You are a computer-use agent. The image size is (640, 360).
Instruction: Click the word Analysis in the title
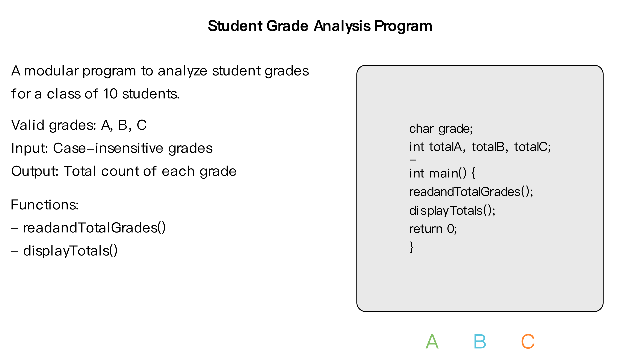coord(342,26)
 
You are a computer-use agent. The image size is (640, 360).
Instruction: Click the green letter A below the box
coord(432,342)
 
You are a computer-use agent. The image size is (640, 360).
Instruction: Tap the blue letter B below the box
coord(480,342)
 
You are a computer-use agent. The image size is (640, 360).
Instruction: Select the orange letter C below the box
coord(528,342)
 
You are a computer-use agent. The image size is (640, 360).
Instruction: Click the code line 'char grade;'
coord(441,129)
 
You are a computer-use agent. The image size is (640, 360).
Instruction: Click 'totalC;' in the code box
coord(532,147)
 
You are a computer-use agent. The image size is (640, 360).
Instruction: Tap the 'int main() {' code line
coord(442,173)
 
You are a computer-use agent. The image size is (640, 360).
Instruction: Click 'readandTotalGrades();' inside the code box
coord(471,192)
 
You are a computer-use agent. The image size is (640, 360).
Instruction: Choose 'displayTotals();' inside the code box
coord(452,211)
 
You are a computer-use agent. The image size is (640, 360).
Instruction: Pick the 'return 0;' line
coord(433,229)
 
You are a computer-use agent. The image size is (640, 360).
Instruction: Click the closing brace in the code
coord(412,247)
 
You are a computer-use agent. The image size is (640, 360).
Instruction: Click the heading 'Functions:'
coord(45,205)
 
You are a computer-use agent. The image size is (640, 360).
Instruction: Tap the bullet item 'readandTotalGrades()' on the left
coord(94,228)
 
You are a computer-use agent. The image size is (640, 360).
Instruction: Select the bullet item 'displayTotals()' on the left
coord(70,251)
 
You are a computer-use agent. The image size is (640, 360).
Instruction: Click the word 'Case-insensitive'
coord(109,148)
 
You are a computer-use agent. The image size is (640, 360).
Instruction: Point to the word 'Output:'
coord(35,171)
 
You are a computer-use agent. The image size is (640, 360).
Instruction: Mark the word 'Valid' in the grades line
coord(28,125)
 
